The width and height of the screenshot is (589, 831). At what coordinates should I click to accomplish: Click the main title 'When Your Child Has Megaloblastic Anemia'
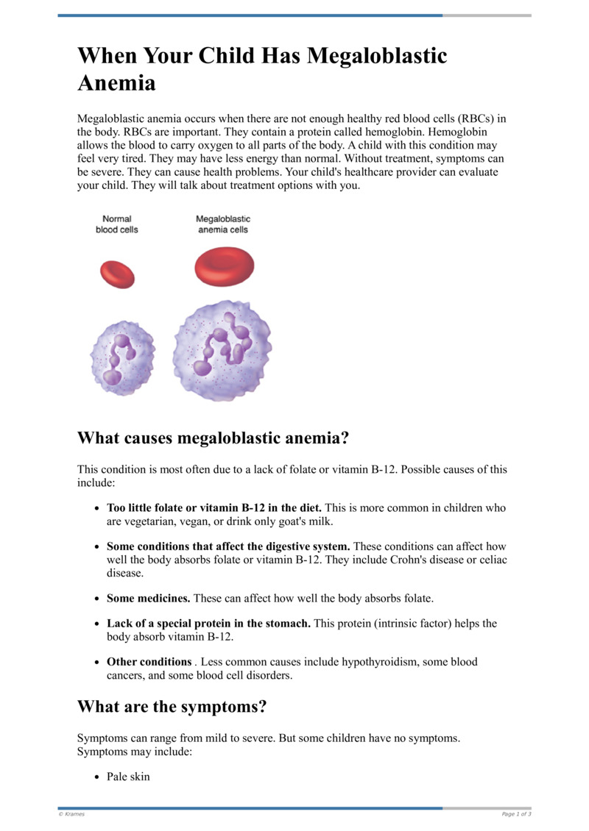coord(262,68)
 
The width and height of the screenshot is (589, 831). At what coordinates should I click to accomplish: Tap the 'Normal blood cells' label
coord(116,224)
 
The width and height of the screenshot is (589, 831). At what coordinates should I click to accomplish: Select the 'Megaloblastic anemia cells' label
coord(222,224)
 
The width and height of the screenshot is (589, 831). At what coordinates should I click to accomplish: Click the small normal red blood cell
coord(118,274)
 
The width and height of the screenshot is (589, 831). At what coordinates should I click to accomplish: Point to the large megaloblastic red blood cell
coord(223,265)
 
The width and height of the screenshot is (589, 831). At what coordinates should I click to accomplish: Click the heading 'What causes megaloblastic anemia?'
coord(213,438)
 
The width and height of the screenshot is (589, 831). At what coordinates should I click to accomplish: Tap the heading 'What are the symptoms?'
coord(172,707)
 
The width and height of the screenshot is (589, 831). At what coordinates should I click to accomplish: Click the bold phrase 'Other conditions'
coord(149,662)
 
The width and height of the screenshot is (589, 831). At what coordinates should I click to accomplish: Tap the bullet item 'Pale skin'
coord(128,777)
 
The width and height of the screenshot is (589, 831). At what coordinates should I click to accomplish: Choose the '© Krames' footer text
coord(71,814)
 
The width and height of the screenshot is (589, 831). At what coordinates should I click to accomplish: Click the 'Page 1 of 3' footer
coord(516,814)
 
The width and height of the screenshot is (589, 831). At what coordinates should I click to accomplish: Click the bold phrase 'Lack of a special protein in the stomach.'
coord(208,624)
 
